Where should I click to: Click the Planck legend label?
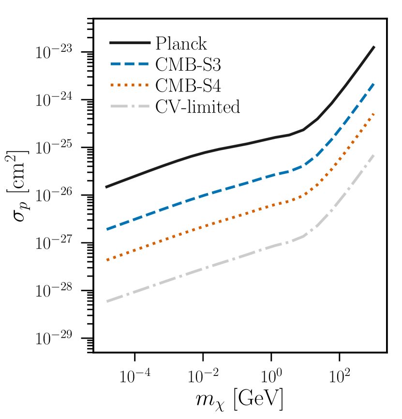point(181,44)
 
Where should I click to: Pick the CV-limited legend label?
point(198,106)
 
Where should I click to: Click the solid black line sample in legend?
point(129,44)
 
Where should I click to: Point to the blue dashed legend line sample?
point(129,64)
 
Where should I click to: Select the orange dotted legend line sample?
point(129,85)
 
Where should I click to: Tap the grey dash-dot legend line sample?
point(129,106)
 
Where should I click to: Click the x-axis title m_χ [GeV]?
point(240,400)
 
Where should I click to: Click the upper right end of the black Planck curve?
point(374,47)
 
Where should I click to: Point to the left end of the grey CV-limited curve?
point(106,301)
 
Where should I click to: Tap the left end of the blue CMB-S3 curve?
point(106,229)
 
